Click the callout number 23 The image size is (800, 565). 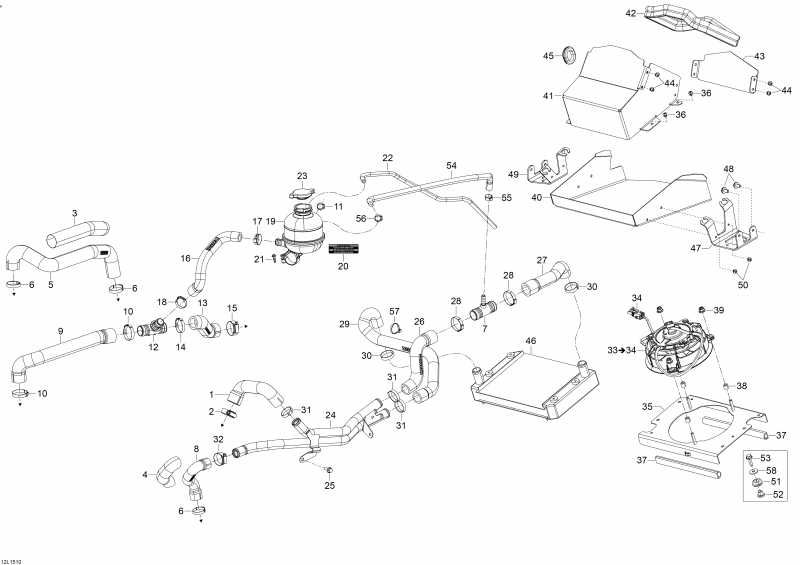pyautogui.click(x=302, y=176)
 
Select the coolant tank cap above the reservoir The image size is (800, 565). pyautogui.click(x=301, y=195)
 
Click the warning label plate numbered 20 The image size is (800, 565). pyautogui.click(x=343, y=248)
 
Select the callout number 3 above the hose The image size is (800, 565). pyautogui.click(x=74, y=212)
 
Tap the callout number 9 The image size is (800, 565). pyautogui.click(x=60, y=331)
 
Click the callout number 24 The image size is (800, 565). pyautogui.click(x=330, y=415)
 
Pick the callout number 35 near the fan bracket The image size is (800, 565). pyautogui.click(x=647, y=407)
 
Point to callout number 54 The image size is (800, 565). pyautogui.click(x=451, y=165)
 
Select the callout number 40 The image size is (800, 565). pyautogui.click(x=536, y=198)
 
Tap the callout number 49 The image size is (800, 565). pyautogui.click(x=513, y=175)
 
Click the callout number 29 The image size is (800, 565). pyautogui.click(x=344, y=324)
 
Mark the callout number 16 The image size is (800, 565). pyautogui.click(x=185, y=258)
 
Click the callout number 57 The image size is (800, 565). pyautogui.click(x=394, y=310)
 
